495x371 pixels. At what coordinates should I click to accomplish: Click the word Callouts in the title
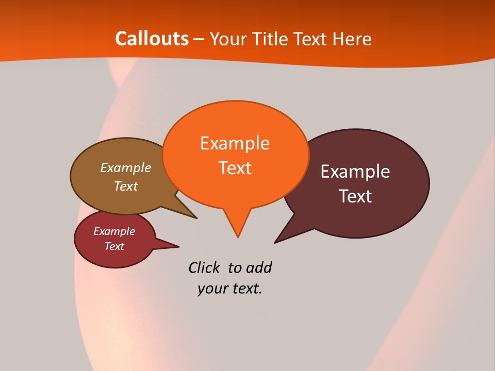click(x=152, y=39)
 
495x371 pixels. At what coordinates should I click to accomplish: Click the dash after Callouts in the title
click(x=199, y=39)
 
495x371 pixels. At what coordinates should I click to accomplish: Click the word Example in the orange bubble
click(x=235, y=143)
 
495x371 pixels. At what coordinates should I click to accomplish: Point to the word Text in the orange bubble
click(x=235, y=168)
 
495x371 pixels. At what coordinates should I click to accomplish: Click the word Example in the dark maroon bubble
click(x=355, y=172)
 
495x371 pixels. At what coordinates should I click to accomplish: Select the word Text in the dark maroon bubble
click(x=355, y=196)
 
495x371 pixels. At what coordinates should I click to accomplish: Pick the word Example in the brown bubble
click(x=126, y=168)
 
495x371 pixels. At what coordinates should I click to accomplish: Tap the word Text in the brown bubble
click(x=126, y=186)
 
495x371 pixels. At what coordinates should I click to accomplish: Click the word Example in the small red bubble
click(x=114, y=232)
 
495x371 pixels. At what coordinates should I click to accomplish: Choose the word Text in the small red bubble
click(x=114, y=246)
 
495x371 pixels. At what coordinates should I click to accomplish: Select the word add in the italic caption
click(x=259, y=268)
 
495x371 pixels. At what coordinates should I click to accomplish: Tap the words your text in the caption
click(x=230, y=289)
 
